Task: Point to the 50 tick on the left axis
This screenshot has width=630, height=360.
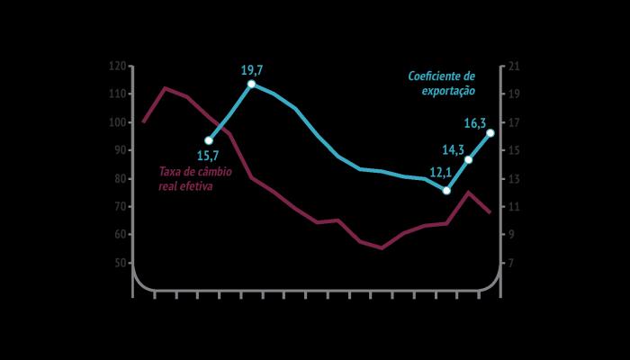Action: click(121, 263)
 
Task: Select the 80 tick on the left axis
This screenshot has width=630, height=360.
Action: click(121, 178)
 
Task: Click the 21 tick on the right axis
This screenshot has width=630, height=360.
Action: click(514, 66)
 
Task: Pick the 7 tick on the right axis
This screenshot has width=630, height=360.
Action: click(511, 263)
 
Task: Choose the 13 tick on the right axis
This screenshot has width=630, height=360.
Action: click(514, 178)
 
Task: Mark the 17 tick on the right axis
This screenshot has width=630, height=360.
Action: click(514, 122)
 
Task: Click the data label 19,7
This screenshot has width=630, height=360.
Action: click(252, 69)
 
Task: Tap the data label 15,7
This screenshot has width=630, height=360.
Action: click(208, 156)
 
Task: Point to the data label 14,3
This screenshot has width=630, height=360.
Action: click(454, 150)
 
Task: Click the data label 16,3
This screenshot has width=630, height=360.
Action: click(475, 124)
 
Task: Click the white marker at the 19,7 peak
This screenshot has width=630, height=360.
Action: click(251, 84)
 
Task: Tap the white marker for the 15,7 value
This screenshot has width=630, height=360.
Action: click(209, 140)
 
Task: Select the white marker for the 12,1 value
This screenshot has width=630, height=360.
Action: click(446, 191)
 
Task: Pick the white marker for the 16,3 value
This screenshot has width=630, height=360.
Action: click(490, 133)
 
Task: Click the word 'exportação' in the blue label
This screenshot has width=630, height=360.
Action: click(448, 91)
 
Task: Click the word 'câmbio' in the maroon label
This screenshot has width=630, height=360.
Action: click(208, 172)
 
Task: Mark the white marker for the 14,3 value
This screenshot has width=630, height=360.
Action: click(469, 160)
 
